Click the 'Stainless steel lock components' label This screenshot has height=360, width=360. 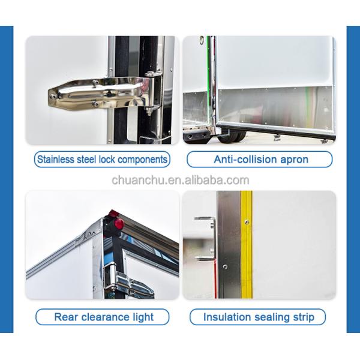coord(102,160)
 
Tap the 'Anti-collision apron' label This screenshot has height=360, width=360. coord(260,160)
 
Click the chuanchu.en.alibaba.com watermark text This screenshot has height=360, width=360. coord(180,180)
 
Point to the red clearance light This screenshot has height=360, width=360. coord(118,223)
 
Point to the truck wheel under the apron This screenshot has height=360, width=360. coord(228,136)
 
